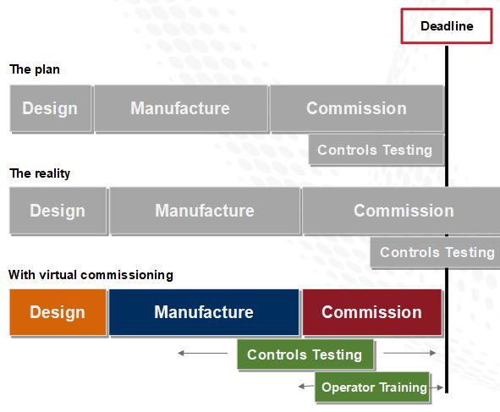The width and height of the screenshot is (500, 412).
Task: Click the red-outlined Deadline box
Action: coord(446,26)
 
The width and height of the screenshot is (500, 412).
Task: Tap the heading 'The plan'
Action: coord(35,69)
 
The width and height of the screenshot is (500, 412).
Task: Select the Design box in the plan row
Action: coord(50,108)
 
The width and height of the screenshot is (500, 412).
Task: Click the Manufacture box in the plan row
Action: coord(180,108)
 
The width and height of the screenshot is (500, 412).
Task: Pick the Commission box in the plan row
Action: coord(356,108)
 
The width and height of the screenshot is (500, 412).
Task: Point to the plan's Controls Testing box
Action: coord(375,151)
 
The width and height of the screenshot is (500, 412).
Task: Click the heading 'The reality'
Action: coord(40,173)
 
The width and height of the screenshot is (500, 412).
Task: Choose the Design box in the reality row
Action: coord(58,211)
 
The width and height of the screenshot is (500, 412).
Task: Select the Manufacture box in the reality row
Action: coord(204,211)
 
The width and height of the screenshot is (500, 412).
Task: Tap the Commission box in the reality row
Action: coord(403,211)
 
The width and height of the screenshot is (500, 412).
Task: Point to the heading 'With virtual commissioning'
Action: coord(91,275)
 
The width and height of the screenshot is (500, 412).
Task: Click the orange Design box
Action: coord(58,312)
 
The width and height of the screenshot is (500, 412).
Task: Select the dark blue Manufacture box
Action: coord(203,312)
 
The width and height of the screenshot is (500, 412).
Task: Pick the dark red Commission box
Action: coord(371,312)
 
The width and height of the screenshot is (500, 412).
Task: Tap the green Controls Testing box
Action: coord(305,354)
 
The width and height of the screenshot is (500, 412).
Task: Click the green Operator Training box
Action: coord(373,387)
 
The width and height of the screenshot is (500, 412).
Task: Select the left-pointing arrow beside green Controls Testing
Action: coord(203,354)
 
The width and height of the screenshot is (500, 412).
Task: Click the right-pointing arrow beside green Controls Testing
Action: coord(409,354)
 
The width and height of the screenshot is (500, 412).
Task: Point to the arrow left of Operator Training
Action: coord(306,387)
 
